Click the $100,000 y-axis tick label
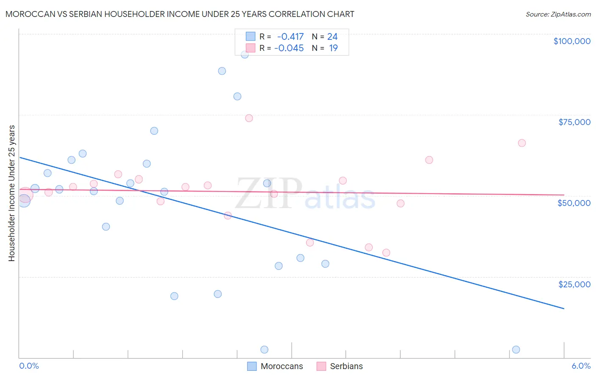pyautogui.click(x=572, y=41)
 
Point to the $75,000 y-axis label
pyautogui.click(x=574, y=122)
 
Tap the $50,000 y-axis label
pyautogui.click(x=574, y=203)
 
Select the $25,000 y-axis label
pyautogui.click(x=574, y=284)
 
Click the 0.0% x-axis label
pyautogui.click(x=29, y=366)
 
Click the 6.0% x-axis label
pyautogui.click(x=581, y=366)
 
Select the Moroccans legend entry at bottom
pyautogui.click(x=275, y=366)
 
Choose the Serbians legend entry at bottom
pyautogui.click(x=340, y=366)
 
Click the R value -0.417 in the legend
pyautogui.click(x=290, y=37)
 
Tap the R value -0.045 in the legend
pyautogui.click(x=289, y=48)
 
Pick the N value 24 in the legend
pyautogui.click(x=332, y=37)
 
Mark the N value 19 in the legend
pyautogui.click(x=333, y=48)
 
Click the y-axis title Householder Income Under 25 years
pyautogui.click(x=12, y=193)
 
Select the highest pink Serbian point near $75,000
pyautogui.click(x=249, y=118)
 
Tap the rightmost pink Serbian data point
pyautogui.click(x=522, y=143)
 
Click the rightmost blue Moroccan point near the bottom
pyautogui.click(x=516, y=350)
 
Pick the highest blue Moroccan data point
pyautogui.click(x=245, y=55)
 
